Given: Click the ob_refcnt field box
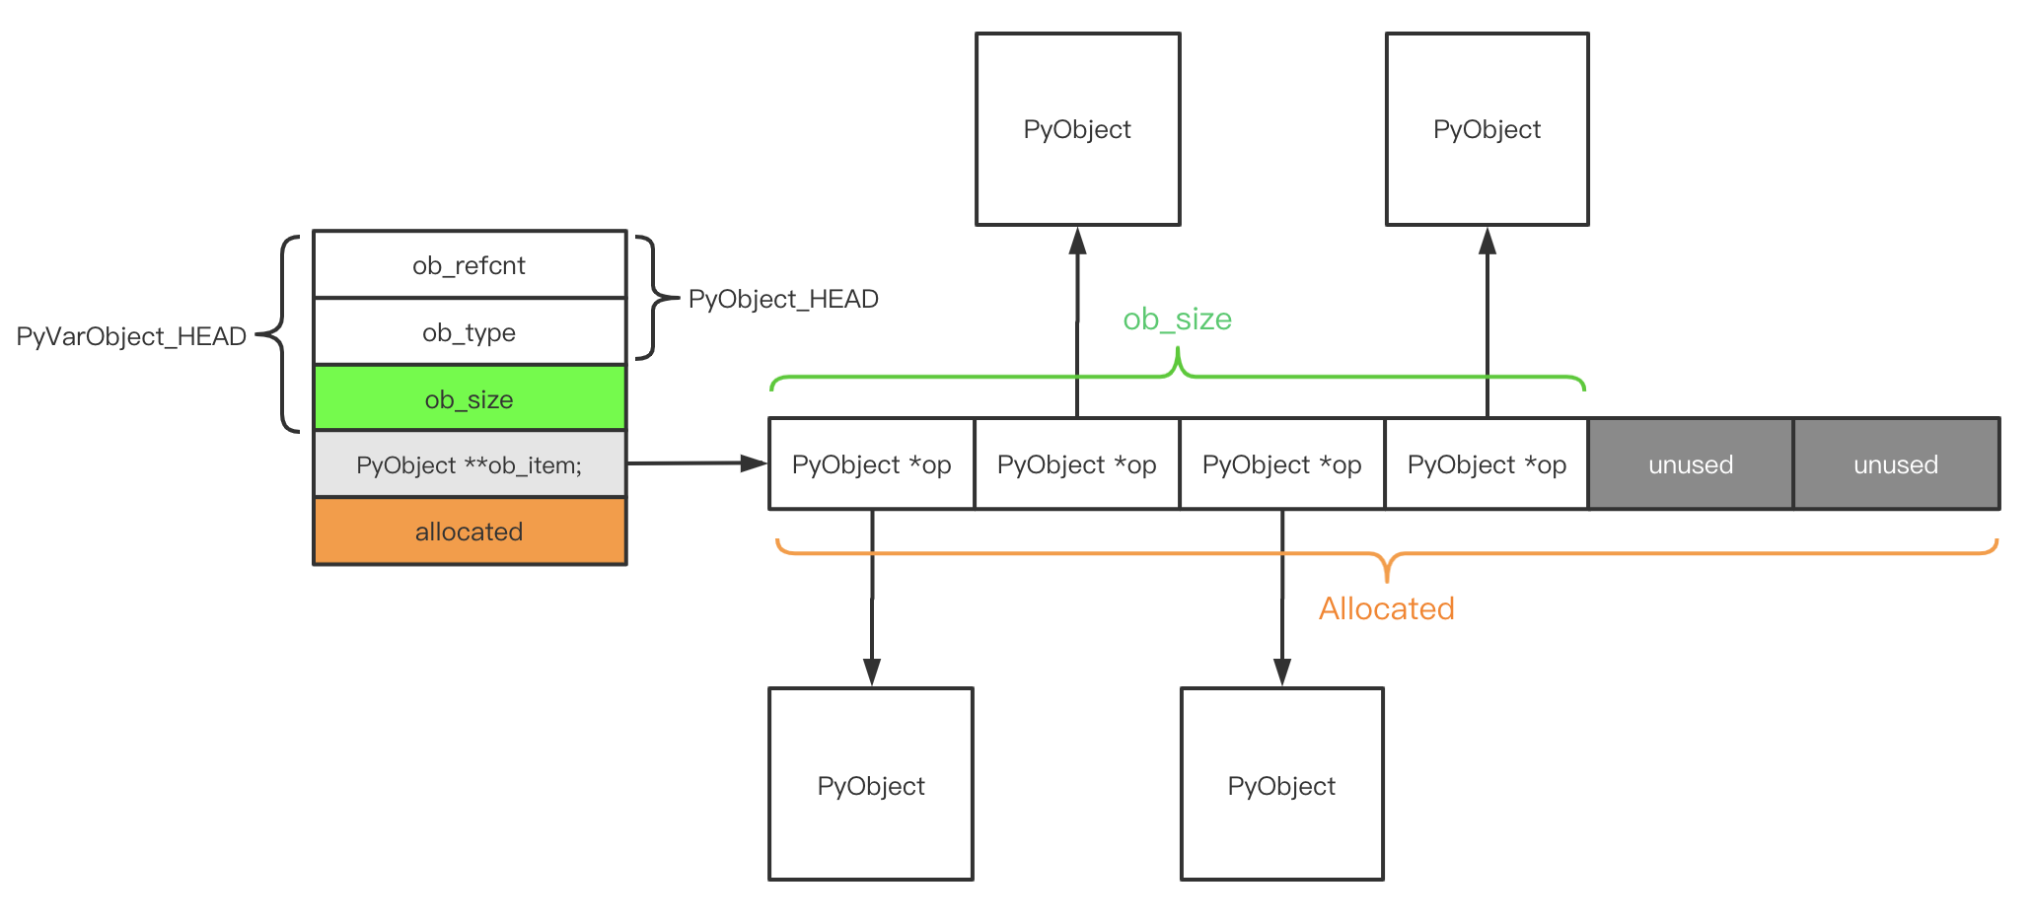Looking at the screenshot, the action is coord(470,264).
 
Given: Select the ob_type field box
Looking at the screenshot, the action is coord(470,331).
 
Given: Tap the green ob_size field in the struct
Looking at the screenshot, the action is coord(470,398).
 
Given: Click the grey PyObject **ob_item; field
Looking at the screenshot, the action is coord(470,464).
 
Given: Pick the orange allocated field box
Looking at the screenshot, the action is coord(470,532).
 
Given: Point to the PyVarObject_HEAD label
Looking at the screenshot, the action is coord(131,336).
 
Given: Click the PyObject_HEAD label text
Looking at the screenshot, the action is coord(783,299).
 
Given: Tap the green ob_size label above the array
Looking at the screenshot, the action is coord(1178,319).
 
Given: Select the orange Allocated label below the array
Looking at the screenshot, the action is coord(1387,608).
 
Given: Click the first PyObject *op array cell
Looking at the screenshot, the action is coord(872,463).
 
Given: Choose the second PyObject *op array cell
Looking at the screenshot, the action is coord(1077,463).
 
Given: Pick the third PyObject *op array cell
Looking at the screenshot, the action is coord(1282,463).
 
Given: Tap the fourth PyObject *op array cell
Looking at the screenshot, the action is coord(1488,463).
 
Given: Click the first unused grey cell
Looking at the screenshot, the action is coord(1691,463).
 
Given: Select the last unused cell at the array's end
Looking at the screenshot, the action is coord(1897,463).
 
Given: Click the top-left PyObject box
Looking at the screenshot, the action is coord(1078,129).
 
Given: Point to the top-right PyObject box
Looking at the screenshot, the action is coord(1488,129).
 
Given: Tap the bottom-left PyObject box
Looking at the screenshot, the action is coord(871,784).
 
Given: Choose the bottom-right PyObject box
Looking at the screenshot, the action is coord(1282,784).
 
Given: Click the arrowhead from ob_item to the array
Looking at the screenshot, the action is coord(755,462).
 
